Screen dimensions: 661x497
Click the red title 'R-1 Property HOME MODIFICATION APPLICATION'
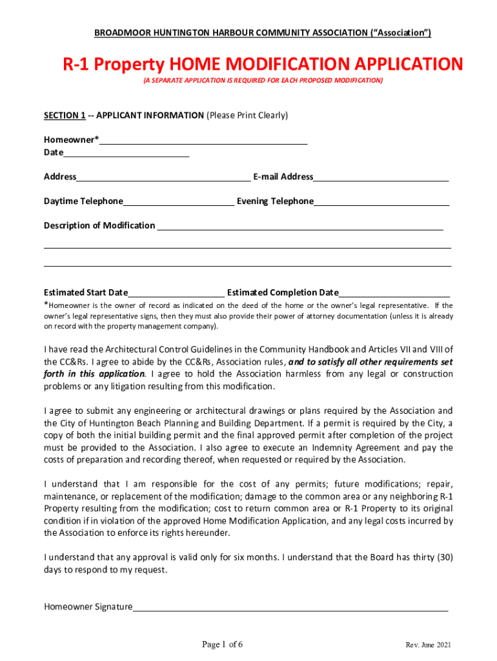click(x=262, y=65)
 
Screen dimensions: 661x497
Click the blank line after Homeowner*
click(x=203, y=141)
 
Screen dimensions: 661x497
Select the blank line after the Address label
click(x=163, y=178)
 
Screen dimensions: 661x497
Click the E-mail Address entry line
click(x=381, y=178)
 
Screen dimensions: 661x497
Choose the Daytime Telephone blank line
click(x=178, y=202)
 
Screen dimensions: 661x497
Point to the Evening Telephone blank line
click(x=381, y=202)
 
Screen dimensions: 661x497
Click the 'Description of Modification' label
click(x=99, y=225)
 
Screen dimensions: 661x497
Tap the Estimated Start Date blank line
click(x=176, y=293)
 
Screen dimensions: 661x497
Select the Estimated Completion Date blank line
click(x=394, y=293)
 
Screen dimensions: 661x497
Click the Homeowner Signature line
click(x=290, y=607)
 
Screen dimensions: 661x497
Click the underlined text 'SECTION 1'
click(x=65, y=116)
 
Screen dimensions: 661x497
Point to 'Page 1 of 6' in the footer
click(x=223, y=644)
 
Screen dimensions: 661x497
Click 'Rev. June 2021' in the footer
click(x=429, y=646)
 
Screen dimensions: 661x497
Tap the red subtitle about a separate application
click(x=262, y=80)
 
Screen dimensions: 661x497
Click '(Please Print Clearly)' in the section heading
click(x=247, y=116)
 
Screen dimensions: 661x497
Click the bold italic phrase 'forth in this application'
click(x=94, y=374)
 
